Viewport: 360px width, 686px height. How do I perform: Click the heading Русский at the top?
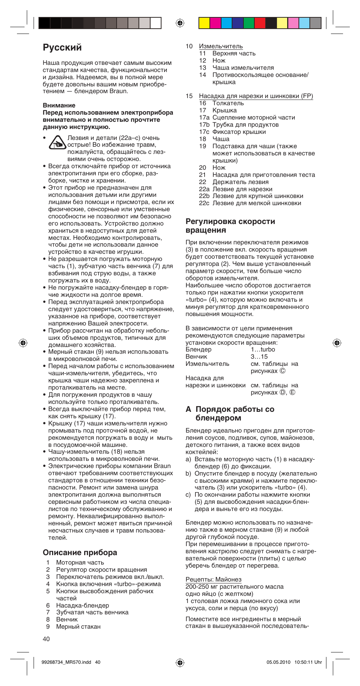(x=62, y=48)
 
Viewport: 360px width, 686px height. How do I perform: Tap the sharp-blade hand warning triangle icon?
(x=57, y=142)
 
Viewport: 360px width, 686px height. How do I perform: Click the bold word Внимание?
(x=59, y=105)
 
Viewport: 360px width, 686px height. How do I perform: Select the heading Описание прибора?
(x=80, y=552)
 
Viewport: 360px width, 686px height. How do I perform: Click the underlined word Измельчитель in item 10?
(x=221, y=46)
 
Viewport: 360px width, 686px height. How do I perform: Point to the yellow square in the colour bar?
(x=204, y=23)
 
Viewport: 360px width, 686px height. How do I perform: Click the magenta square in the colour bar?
(x=215, y=23)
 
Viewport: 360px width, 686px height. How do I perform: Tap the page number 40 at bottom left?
(x=46, y=638)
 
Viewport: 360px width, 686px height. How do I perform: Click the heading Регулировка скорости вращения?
(x=230, y=226)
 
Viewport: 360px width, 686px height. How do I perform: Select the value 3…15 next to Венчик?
(x=259, y=356)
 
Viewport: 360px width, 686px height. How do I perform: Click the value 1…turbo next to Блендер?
(x=263, y=349)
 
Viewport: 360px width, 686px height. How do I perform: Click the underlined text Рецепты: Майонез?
(x=213, y=579)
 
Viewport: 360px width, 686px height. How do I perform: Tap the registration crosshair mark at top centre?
(x=180, y=23)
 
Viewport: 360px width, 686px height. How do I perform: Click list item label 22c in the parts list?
(x=204, y=203)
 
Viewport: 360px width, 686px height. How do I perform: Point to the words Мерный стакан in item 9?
(x=78, y=626)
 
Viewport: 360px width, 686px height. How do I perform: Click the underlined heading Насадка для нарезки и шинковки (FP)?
(x=256, y=96)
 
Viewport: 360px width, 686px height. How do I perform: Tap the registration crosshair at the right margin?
(x=337, y=342)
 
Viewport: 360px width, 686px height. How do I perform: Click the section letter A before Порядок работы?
(x=188, y=409)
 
